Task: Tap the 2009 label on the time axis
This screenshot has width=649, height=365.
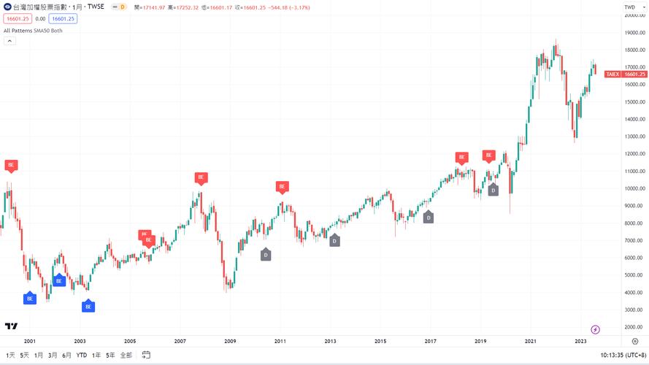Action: click(230, 341)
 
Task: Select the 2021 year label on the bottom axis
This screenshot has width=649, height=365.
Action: click(531, 341)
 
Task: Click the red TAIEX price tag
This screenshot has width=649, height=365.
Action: click(625, 74)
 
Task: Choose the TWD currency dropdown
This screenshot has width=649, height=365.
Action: click(632, 7)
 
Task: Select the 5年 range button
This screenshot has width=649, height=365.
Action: click(110, 355)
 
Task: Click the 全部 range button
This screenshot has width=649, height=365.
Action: click(126, 355)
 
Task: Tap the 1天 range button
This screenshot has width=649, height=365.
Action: click(10, 355)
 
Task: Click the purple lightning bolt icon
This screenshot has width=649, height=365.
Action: click(595, 329)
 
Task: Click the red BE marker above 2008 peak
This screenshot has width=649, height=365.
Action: click(201, 177)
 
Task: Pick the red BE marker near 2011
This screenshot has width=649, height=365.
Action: click(283, 186)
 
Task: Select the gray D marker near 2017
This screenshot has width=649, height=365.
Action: click(429, 217)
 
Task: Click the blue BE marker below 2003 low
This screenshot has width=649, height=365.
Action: click(88, 307)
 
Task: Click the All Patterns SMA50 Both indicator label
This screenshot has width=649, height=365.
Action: click(33, 31)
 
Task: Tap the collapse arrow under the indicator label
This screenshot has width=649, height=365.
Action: click(10, 41)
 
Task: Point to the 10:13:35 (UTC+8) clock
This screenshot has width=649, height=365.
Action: click(623, 355)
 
